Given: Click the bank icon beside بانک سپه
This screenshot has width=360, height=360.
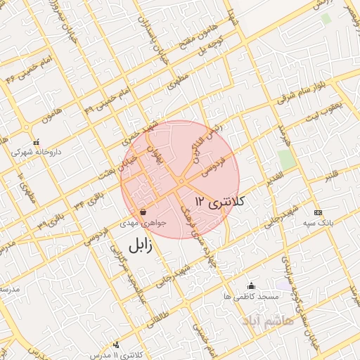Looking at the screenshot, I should coord(319,212).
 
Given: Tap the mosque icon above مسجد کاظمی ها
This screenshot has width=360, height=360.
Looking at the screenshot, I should coord(251,285).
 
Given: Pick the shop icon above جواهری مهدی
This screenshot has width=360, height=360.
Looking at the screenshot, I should coord(143,211).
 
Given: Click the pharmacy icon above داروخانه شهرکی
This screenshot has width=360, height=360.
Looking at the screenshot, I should coord(36,141).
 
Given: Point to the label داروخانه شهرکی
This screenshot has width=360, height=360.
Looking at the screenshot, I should coord(36,152).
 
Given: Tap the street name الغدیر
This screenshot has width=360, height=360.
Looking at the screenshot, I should coord(275,175).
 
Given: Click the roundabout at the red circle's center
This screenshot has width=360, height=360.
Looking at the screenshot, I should coord(181,181).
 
